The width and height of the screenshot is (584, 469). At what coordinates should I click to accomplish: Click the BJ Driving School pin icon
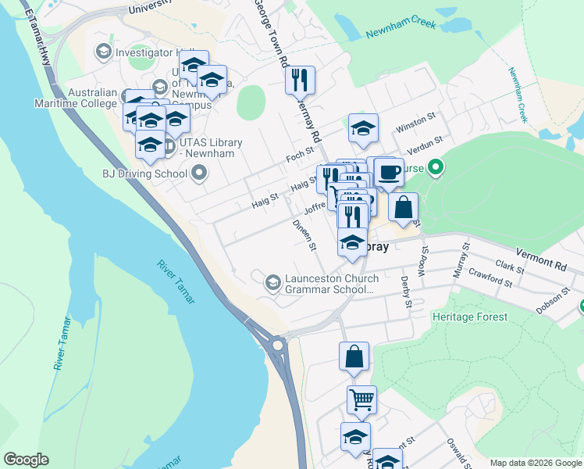(199, 173)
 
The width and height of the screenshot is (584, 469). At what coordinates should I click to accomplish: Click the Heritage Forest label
(469, 317)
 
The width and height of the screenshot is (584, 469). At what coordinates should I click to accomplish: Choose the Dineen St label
(304, 234)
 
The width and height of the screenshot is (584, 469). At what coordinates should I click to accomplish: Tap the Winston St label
(415, 123)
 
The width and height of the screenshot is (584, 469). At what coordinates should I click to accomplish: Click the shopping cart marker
(361, 400)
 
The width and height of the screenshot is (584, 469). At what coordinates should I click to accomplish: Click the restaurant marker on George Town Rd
(300, 80)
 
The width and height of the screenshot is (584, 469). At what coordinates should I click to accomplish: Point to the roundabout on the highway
(277, 344)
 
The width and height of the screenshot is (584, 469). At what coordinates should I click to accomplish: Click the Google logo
(27, 459)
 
